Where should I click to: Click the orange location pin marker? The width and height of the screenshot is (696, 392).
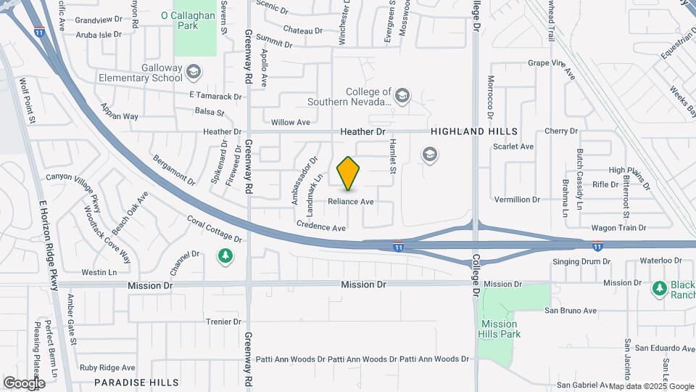pos(349,173)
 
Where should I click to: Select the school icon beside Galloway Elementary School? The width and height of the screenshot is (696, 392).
pos(194,71)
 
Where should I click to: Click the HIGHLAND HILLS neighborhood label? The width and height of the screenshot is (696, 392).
pos(474,131)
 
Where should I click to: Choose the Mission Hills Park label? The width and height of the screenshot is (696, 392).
pos(498,329)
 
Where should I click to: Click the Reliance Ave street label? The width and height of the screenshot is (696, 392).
pos(351,201)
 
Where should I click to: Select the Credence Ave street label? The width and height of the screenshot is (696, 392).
pos(320,227)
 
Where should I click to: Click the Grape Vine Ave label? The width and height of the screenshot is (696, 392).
pos(552,69)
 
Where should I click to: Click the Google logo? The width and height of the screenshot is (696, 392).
pos(25,382)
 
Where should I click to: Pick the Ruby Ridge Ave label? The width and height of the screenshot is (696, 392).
pos(108,367)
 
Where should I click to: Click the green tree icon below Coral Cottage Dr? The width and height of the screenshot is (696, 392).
pos(225,256)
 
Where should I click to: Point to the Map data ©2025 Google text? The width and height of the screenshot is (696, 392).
pos(652,386)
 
